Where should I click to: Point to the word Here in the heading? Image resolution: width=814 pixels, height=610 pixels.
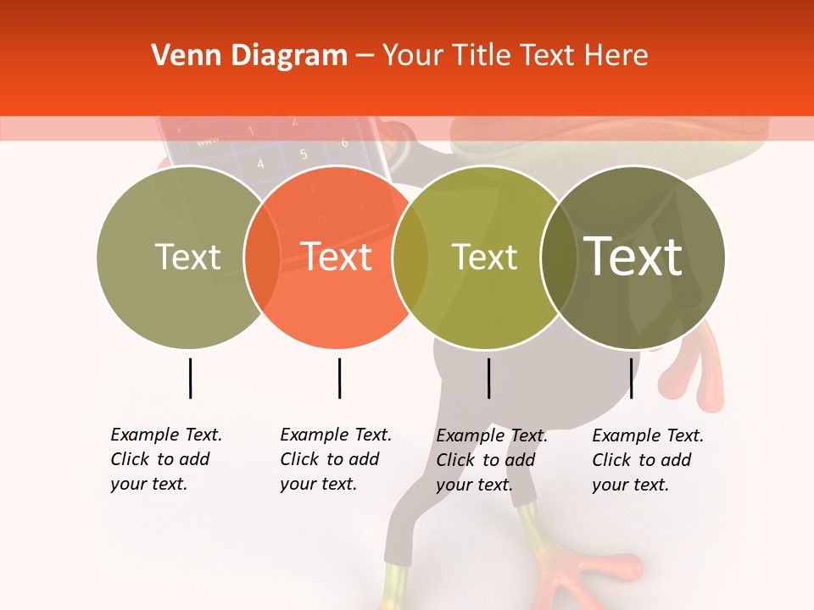[616, 56]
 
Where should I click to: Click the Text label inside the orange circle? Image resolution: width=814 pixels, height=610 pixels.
[337, 257]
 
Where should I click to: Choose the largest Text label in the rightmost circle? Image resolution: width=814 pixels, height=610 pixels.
[633, 256]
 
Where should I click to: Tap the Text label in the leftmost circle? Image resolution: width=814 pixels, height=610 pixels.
[187, 257]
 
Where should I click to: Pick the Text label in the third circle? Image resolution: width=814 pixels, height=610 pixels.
[484, 257]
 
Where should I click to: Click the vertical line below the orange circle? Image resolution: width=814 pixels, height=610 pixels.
[339, 378]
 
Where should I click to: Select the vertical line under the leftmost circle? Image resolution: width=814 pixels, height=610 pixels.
[190, 378]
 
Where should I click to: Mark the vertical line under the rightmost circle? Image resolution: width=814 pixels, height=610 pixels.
[631, 378]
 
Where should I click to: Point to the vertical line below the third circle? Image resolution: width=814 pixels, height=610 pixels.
[489, 378]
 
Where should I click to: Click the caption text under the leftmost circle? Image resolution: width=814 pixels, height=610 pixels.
[165, 459]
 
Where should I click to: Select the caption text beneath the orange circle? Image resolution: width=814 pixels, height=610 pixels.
[335, 459]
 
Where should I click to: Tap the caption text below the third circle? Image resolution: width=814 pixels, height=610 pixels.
[491, 460]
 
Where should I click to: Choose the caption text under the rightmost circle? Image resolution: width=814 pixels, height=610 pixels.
[647, 460]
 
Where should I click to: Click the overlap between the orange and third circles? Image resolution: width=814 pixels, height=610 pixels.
[410, 257]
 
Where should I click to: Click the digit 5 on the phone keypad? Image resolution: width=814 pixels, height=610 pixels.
[303, 154]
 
